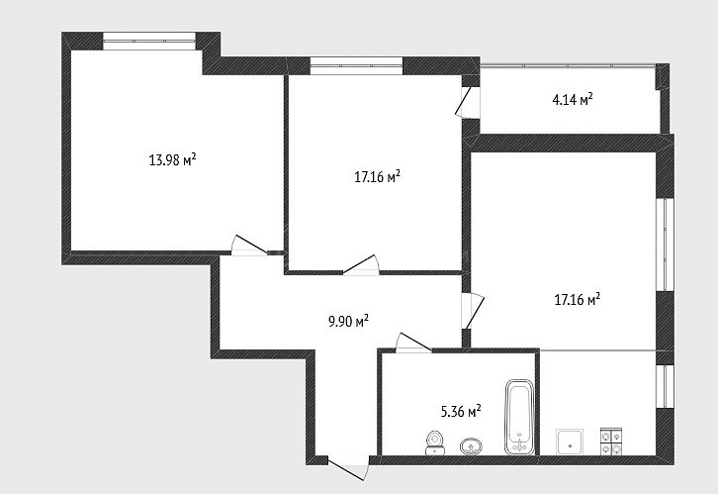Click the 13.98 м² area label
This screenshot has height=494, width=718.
pos(173,160)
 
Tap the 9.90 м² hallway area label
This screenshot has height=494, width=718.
pos(348,321)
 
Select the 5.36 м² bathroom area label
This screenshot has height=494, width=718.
pos(461,411)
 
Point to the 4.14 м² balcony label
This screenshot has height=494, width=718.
pos(573,99)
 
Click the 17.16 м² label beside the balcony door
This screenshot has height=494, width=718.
pos(378,177)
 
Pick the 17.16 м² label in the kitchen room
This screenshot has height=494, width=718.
pos(578,300)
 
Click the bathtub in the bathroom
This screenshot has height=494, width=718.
pos(520,417)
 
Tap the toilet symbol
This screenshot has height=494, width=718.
pos(434,443)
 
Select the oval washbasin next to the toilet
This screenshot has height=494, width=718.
pos(471,445)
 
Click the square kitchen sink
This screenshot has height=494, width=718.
pos(570,442)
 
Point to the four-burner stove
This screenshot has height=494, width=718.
pos(611,442)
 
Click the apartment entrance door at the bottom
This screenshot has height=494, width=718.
pos(348,467)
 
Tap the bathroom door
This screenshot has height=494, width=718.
pos(413,343)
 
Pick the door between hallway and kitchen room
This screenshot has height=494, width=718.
pos(473,311)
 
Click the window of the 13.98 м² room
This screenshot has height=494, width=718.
pos(149,41)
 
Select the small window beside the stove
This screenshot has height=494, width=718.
pos(665,386)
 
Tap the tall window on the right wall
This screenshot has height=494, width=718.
pos(665,245)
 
